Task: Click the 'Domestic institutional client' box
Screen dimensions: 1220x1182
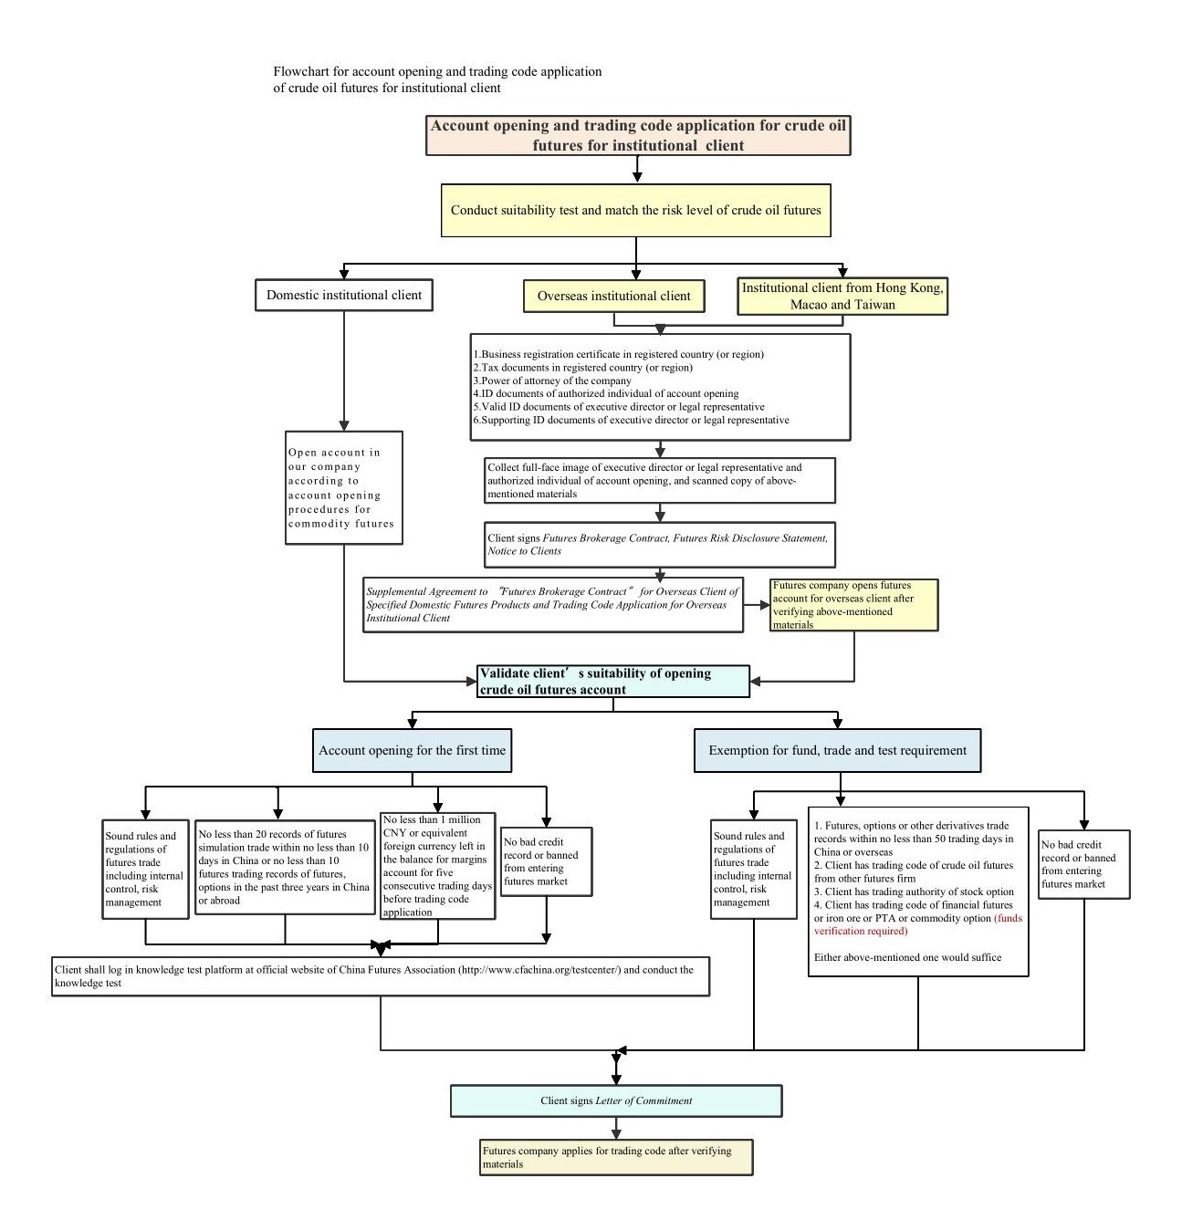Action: click(344, 296)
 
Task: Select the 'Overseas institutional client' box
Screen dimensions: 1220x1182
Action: click(613, 297)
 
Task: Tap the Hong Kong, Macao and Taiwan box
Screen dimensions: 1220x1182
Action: click(842, 297)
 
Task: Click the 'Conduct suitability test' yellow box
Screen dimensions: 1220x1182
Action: click(635, 211)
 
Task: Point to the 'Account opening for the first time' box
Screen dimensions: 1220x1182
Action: click(412, 751)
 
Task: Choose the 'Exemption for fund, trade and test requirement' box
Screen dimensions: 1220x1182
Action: click(837, 751)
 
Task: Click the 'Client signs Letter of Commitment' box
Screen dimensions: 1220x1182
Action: click(616, 1100)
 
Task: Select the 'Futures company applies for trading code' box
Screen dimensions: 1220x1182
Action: click(616, 1157)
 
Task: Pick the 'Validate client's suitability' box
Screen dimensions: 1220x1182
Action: click(612, 682)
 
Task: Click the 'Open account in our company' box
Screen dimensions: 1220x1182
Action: click(344, 488)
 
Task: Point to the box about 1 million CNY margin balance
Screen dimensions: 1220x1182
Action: click(437, 865)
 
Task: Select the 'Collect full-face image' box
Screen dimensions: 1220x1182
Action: click(660, 481)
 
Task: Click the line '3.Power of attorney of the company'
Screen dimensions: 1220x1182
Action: click(552, 381)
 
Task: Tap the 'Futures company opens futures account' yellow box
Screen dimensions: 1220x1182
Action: click(853, 605)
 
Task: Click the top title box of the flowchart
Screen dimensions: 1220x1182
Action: click(638, 136)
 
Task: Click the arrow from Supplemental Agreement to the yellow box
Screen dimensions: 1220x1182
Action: click(757, 604)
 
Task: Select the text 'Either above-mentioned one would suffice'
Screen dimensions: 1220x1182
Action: click(907, 957)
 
